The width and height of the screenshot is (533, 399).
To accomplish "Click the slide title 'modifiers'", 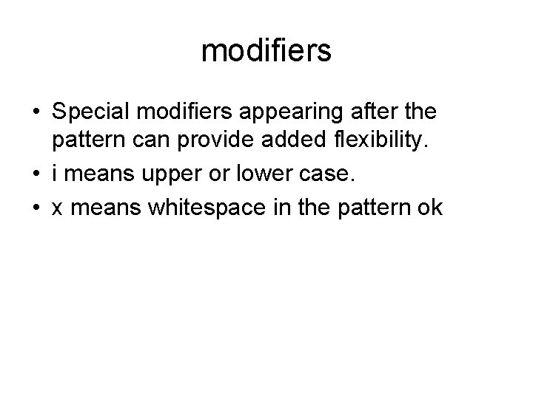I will [x=266, y=51].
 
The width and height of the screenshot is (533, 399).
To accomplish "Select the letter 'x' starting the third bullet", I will [x=57, y=209].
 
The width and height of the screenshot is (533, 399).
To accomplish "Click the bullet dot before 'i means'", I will [x=36, y=175].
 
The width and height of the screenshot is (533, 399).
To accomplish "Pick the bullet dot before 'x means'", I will [x=36, y=209].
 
